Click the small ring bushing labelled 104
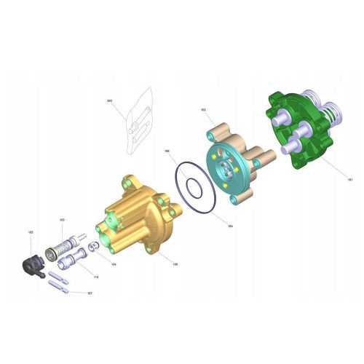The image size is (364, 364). click(x=92, y=248)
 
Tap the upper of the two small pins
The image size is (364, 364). click(x=61, y=277)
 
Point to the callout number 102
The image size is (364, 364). click(x=204, y=110)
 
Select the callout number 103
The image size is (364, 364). click(x=62, y=219)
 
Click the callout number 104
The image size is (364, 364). click(x=114, y=264)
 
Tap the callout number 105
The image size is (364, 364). click(x=31, y=232)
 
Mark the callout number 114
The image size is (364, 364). click(x=97, y=277)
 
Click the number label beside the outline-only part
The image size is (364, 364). click(x=109, y=100)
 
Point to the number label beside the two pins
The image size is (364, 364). click(x=89, y=293)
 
